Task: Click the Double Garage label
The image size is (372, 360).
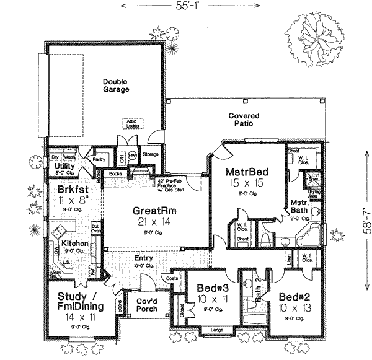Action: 116,85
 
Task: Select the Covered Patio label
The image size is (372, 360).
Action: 244,120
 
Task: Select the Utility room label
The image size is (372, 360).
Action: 64,167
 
